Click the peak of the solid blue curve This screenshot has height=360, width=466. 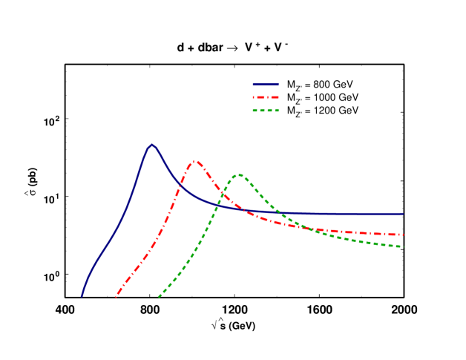tap(152, 145)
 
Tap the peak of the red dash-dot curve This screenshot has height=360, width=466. tap(195, 160)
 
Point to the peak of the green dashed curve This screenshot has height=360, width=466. tap(239, 174)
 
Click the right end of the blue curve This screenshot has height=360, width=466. tap(403, 214)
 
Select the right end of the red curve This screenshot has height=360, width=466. tap(403, 235)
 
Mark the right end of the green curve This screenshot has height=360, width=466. tap(403, 246)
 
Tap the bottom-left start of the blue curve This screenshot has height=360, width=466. tap(82, 297)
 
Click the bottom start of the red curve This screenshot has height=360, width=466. tap(116, 297)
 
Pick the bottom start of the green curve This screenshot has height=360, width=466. tap(158, 297)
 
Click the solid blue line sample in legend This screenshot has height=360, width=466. tap(266, 84)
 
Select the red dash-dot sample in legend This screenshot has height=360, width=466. tap(266, 97)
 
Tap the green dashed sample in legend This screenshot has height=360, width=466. tap(266, 111)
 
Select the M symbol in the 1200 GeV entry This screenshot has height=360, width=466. tap(290, 111)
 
